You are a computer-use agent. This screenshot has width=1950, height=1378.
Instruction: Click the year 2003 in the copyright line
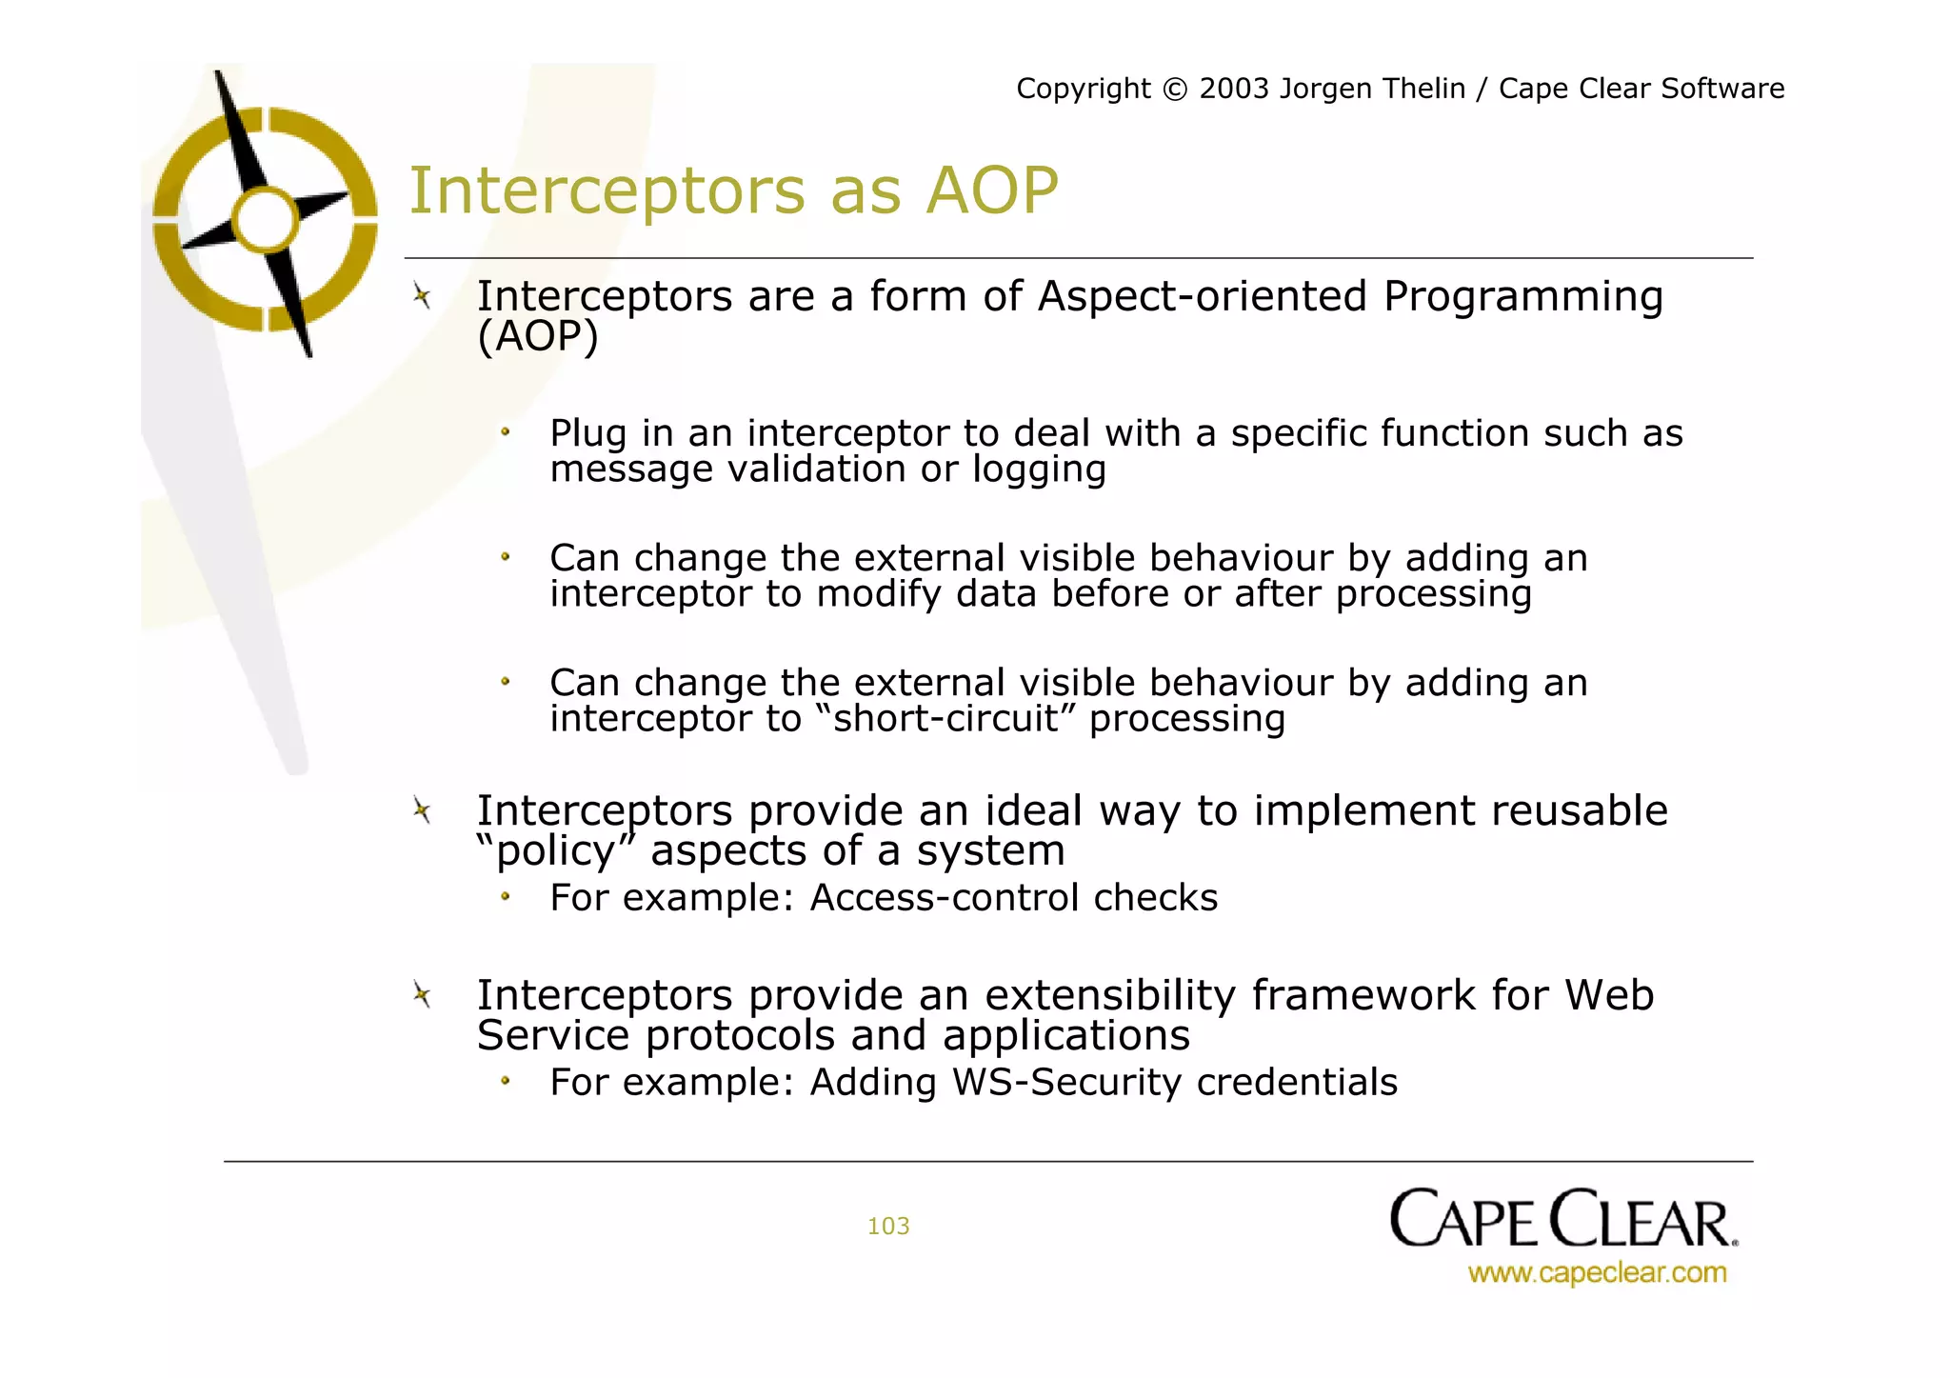coord(1234,89)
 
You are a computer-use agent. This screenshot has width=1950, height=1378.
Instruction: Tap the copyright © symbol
coord(1175,90)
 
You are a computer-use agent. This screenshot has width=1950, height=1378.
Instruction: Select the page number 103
coord(887,1226)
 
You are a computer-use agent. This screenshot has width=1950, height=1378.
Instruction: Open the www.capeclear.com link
coord(1597,1272)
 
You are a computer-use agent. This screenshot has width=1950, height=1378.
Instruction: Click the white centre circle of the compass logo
coord(266,219)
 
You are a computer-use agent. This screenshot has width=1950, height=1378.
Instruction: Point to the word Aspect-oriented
coord(1202,296)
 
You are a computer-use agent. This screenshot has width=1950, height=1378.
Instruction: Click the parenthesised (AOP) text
coord(538,336)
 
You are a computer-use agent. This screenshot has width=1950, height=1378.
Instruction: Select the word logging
coord(1039,469)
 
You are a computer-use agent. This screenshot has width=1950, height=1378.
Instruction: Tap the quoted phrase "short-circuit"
coord(945,719)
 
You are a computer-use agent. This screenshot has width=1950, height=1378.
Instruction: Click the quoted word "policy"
coord(556,850)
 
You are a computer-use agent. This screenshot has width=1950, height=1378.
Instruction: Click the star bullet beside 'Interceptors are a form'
coord(423,296)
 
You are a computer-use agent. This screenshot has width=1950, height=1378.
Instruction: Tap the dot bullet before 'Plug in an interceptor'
coord(506,432)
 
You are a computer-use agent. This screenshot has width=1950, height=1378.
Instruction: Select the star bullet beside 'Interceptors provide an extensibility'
coord(423,995)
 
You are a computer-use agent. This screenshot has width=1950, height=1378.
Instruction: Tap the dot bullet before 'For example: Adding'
coord(506,1081)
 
